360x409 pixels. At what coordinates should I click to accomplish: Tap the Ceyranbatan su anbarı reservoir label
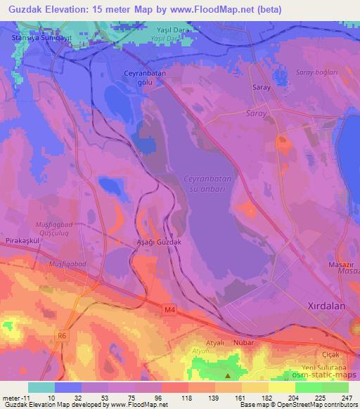207,184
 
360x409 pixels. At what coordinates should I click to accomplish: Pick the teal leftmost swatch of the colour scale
41,387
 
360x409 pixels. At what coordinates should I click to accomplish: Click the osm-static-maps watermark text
324,377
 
